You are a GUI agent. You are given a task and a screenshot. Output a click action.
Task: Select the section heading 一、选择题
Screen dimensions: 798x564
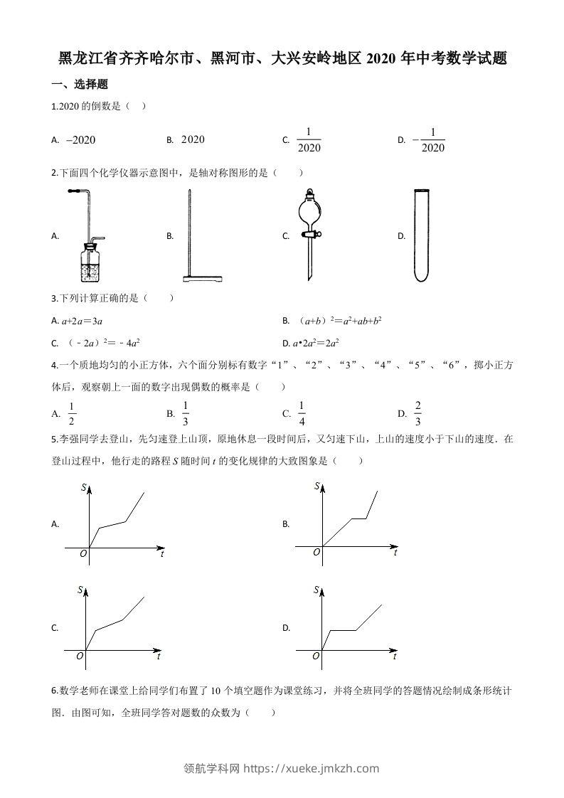tap(80, 85)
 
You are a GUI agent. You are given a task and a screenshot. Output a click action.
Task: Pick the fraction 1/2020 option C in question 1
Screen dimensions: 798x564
tap(309, 140)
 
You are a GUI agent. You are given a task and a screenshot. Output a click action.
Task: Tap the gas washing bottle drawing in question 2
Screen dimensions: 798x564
tap(89, 235)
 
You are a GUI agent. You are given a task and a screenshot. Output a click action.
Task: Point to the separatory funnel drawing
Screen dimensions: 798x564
tap(310, 233)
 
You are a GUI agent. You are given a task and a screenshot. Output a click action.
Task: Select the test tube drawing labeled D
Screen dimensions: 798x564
tap(423, 235)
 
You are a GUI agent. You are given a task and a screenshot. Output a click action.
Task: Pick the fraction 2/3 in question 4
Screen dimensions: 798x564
tap(417, 413)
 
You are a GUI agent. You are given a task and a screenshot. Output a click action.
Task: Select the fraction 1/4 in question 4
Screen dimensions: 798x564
tap(302, 413)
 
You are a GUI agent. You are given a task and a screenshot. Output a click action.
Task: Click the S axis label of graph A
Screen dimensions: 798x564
tap(84, 487)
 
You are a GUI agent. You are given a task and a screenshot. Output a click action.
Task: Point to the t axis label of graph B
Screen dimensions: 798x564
tap(395, 553)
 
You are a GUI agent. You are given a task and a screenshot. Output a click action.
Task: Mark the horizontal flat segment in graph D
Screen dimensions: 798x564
tap(342, 630)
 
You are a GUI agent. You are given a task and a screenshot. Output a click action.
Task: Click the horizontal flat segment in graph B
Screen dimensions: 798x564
tap(359, 518)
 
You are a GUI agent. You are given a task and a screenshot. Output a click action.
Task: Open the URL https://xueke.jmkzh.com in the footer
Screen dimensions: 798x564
tap(311, 768)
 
